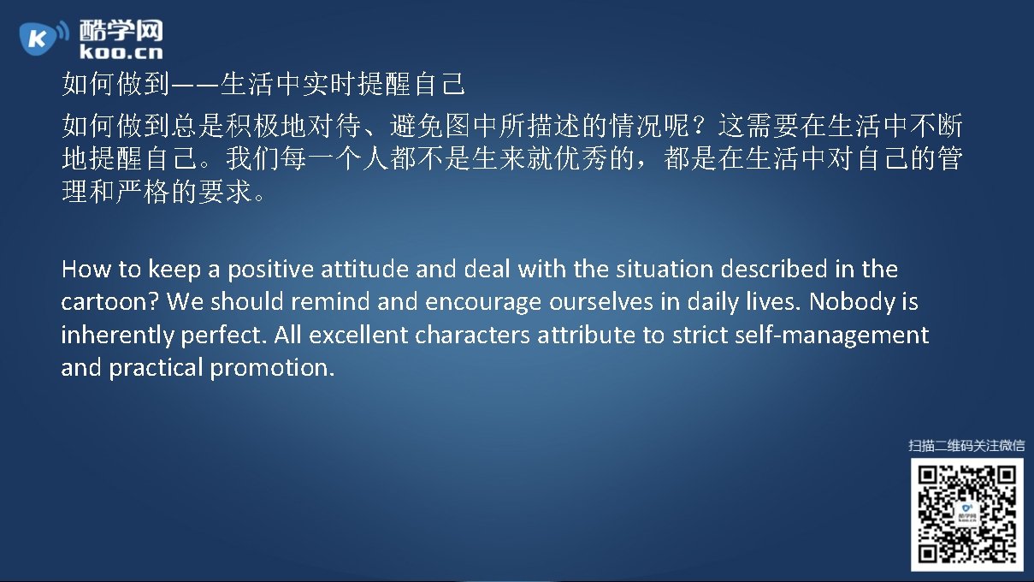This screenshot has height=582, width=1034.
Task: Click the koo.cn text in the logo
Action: point(120,51)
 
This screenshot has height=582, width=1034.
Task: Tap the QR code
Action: point(966,514)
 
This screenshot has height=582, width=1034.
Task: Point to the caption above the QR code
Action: point(966,445)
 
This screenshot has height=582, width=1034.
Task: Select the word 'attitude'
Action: point(365,270)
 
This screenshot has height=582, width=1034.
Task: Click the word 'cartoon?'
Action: point(110,302)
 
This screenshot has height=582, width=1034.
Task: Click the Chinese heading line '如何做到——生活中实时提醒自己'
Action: point(263,86)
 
